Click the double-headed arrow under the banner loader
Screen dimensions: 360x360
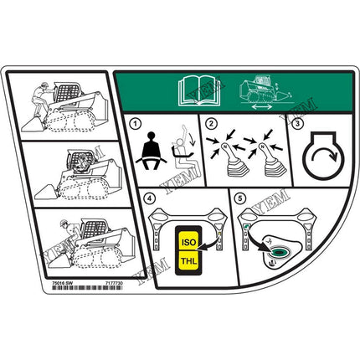(260, 107)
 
